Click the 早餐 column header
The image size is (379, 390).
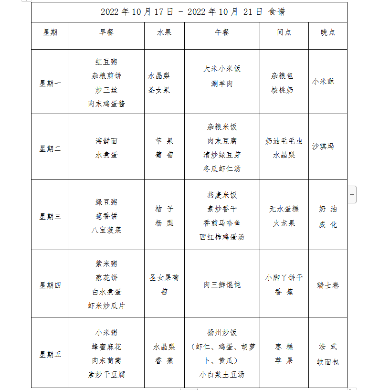coord(106,32)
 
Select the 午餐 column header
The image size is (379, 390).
coord(222,32)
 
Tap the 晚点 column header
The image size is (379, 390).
coord(328,32)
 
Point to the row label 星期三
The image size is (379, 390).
coord(50,216)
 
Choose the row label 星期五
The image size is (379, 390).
coord(50,354)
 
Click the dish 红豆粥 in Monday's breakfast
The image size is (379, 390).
coord(106,62)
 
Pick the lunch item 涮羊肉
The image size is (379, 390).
coord(222,84)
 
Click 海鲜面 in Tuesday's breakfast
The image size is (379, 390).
coord(106,141)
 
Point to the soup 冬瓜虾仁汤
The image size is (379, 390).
coord(222,169)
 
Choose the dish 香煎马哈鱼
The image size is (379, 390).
coord(222,223)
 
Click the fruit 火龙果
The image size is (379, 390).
coord(284,223)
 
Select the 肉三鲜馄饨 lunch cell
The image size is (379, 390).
coord(222,285)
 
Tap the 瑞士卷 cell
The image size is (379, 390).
coord(328,285)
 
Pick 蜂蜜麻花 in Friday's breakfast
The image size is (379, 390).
coord(106,347)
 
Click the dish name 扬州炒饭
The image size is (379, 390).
coord(222,332)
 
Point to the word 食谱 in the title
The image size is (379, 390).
coord(277,12)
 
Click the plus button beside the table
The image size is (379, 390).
coord(352,194)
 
